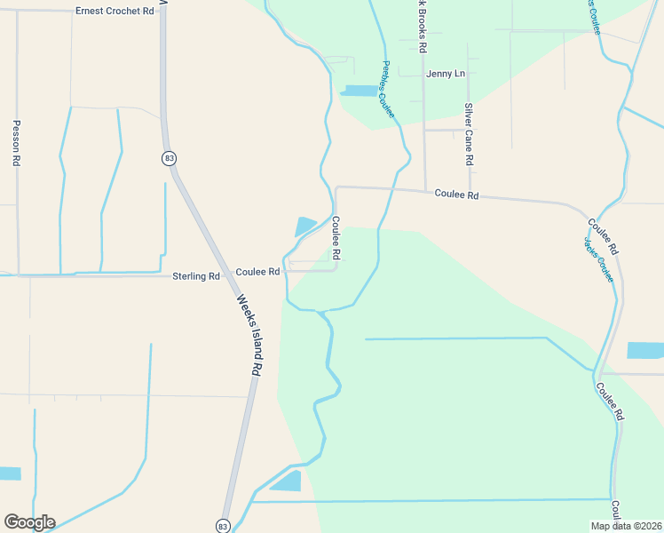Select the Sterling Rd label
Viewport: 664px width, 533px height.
point(195,276)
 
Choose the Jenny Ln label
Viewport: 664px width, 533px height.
point(446,73)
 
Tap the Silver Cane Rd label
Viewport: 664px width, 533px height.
point(470,134)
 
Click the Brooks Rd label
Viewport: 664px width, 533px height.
point(423,26)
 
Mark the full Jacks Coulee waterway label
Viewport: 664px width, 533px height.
point(599,259)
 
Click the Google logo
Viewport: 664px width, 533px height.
point(29,521)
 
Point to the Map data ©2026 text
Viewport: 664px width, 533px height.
point(626,526)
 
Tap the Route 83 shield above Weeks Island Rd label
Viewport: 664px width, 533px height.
point(169,158)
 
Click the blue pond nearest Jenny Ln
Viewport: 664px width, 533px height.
point(358,91)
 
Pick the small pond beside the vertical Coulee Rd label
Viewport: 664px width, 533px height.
point(304,226)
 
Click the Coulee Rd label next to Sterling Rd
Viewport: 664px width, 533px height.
point(258,271)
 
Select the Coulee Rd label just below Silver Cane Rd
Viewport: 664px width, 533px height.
point(456,195)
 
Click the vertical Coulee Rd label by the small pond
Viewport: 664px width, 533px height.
point(336,238)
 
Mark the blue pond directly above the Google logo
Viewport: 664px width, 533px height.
point(9,473)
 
